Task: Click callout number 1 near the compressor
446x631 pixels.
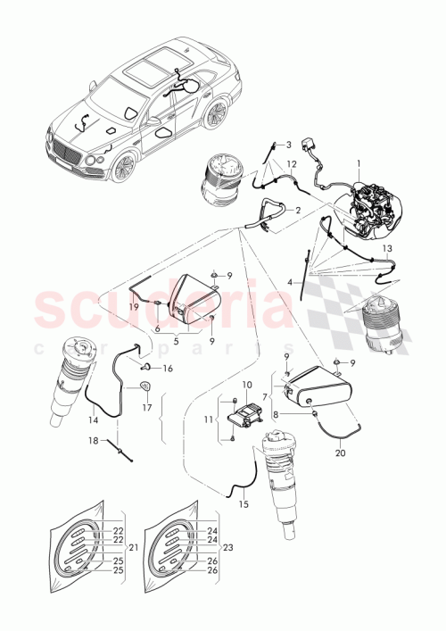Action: coord(359,164)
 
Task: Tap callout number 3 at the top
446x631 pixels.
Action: coord(289,145)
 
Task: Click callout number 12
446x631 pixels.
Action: coord(291,165)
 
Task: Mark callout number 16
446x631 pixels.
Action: coord(168,368)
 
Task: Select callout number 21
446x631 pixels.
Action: coord(134,546)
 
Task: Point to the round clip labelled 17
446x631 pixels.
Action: coord(145,388)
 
